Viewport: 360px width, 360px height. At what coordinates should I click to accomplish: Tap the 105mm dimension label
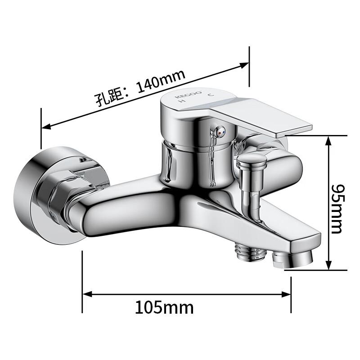click(164, 307)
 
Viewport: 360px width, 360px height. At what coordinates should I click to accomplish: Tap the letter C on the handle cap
click(210, 95)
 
